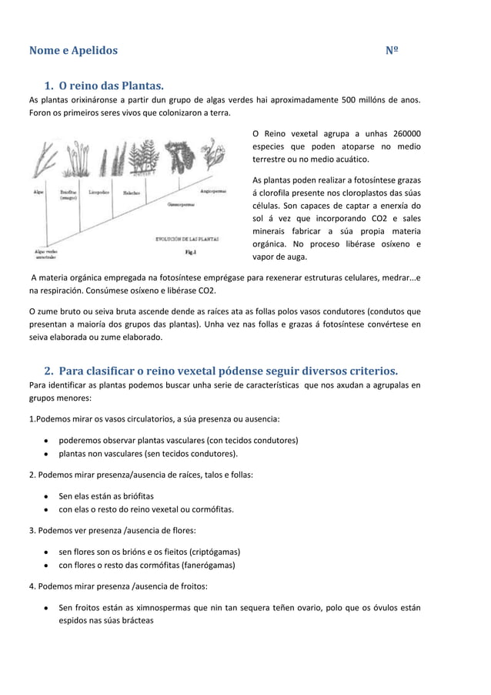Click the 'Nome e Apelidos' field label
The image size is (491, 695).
tap(73, 51)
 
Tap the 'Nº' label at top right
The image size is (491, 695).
tap(392, 51)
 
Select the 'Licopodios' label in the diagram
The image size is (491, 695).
tap(99, 191)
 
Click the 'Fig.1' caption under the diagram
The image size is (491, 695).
tap(191, 251)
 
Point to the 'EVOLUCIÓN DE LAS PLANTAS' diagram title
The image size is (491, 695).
tap(187, 239)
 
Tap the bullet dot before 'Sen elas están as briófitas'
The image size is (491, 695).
tap(47, 496)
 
